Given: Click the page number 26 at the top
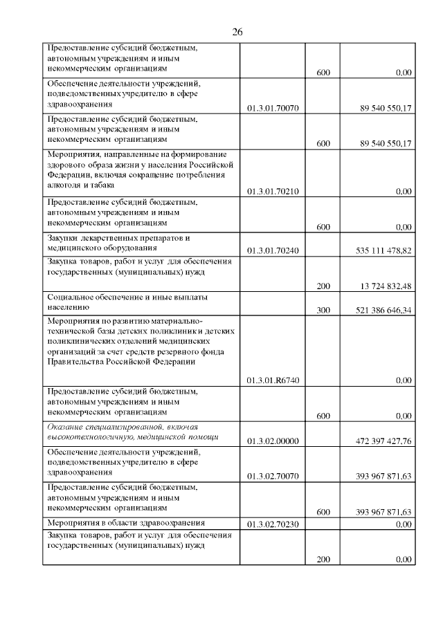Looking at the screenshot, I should pos(237,33).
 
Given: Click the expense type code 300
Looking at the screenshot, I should pos(323,311).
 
